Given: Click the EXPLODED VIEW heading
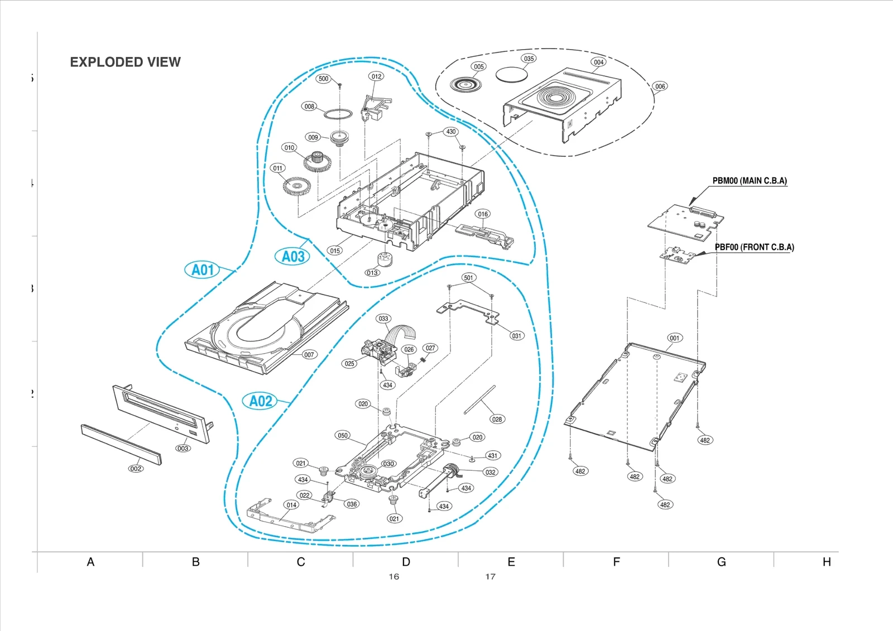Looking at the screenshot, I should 125,62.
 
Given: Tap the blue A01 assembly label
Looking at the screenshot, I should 202,270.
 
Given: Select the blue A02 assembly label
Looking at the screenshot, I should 260,401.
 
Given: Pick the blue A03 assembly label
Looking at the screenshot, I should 292,257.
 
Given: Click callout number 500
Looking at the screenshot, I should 324,79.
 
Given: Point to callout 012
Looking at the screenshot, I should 377,76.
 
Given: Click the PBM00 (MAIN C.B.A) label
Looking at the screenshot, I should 749,181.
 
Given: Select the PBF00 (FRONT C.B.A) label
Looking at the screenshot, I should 754,247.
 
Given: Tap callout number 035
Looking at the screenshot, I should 529,59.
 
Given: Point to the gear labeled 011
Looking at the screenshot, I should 296,186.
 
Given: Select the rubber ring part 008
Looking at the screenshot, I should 338,114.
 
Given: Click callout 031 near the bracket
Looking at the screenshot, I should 517,336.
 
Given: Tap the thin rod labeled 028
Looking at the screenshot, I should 479,399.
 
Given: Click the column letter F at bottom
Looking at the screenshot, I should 616,562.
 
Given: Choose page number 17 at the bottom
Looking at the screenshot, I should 490,577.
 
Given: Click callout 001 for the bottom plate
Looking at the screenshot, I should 674,338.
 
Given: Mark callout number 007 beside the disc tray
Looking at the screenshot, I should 309,355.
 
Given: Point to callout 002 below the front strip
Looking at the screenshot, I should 136,469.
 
